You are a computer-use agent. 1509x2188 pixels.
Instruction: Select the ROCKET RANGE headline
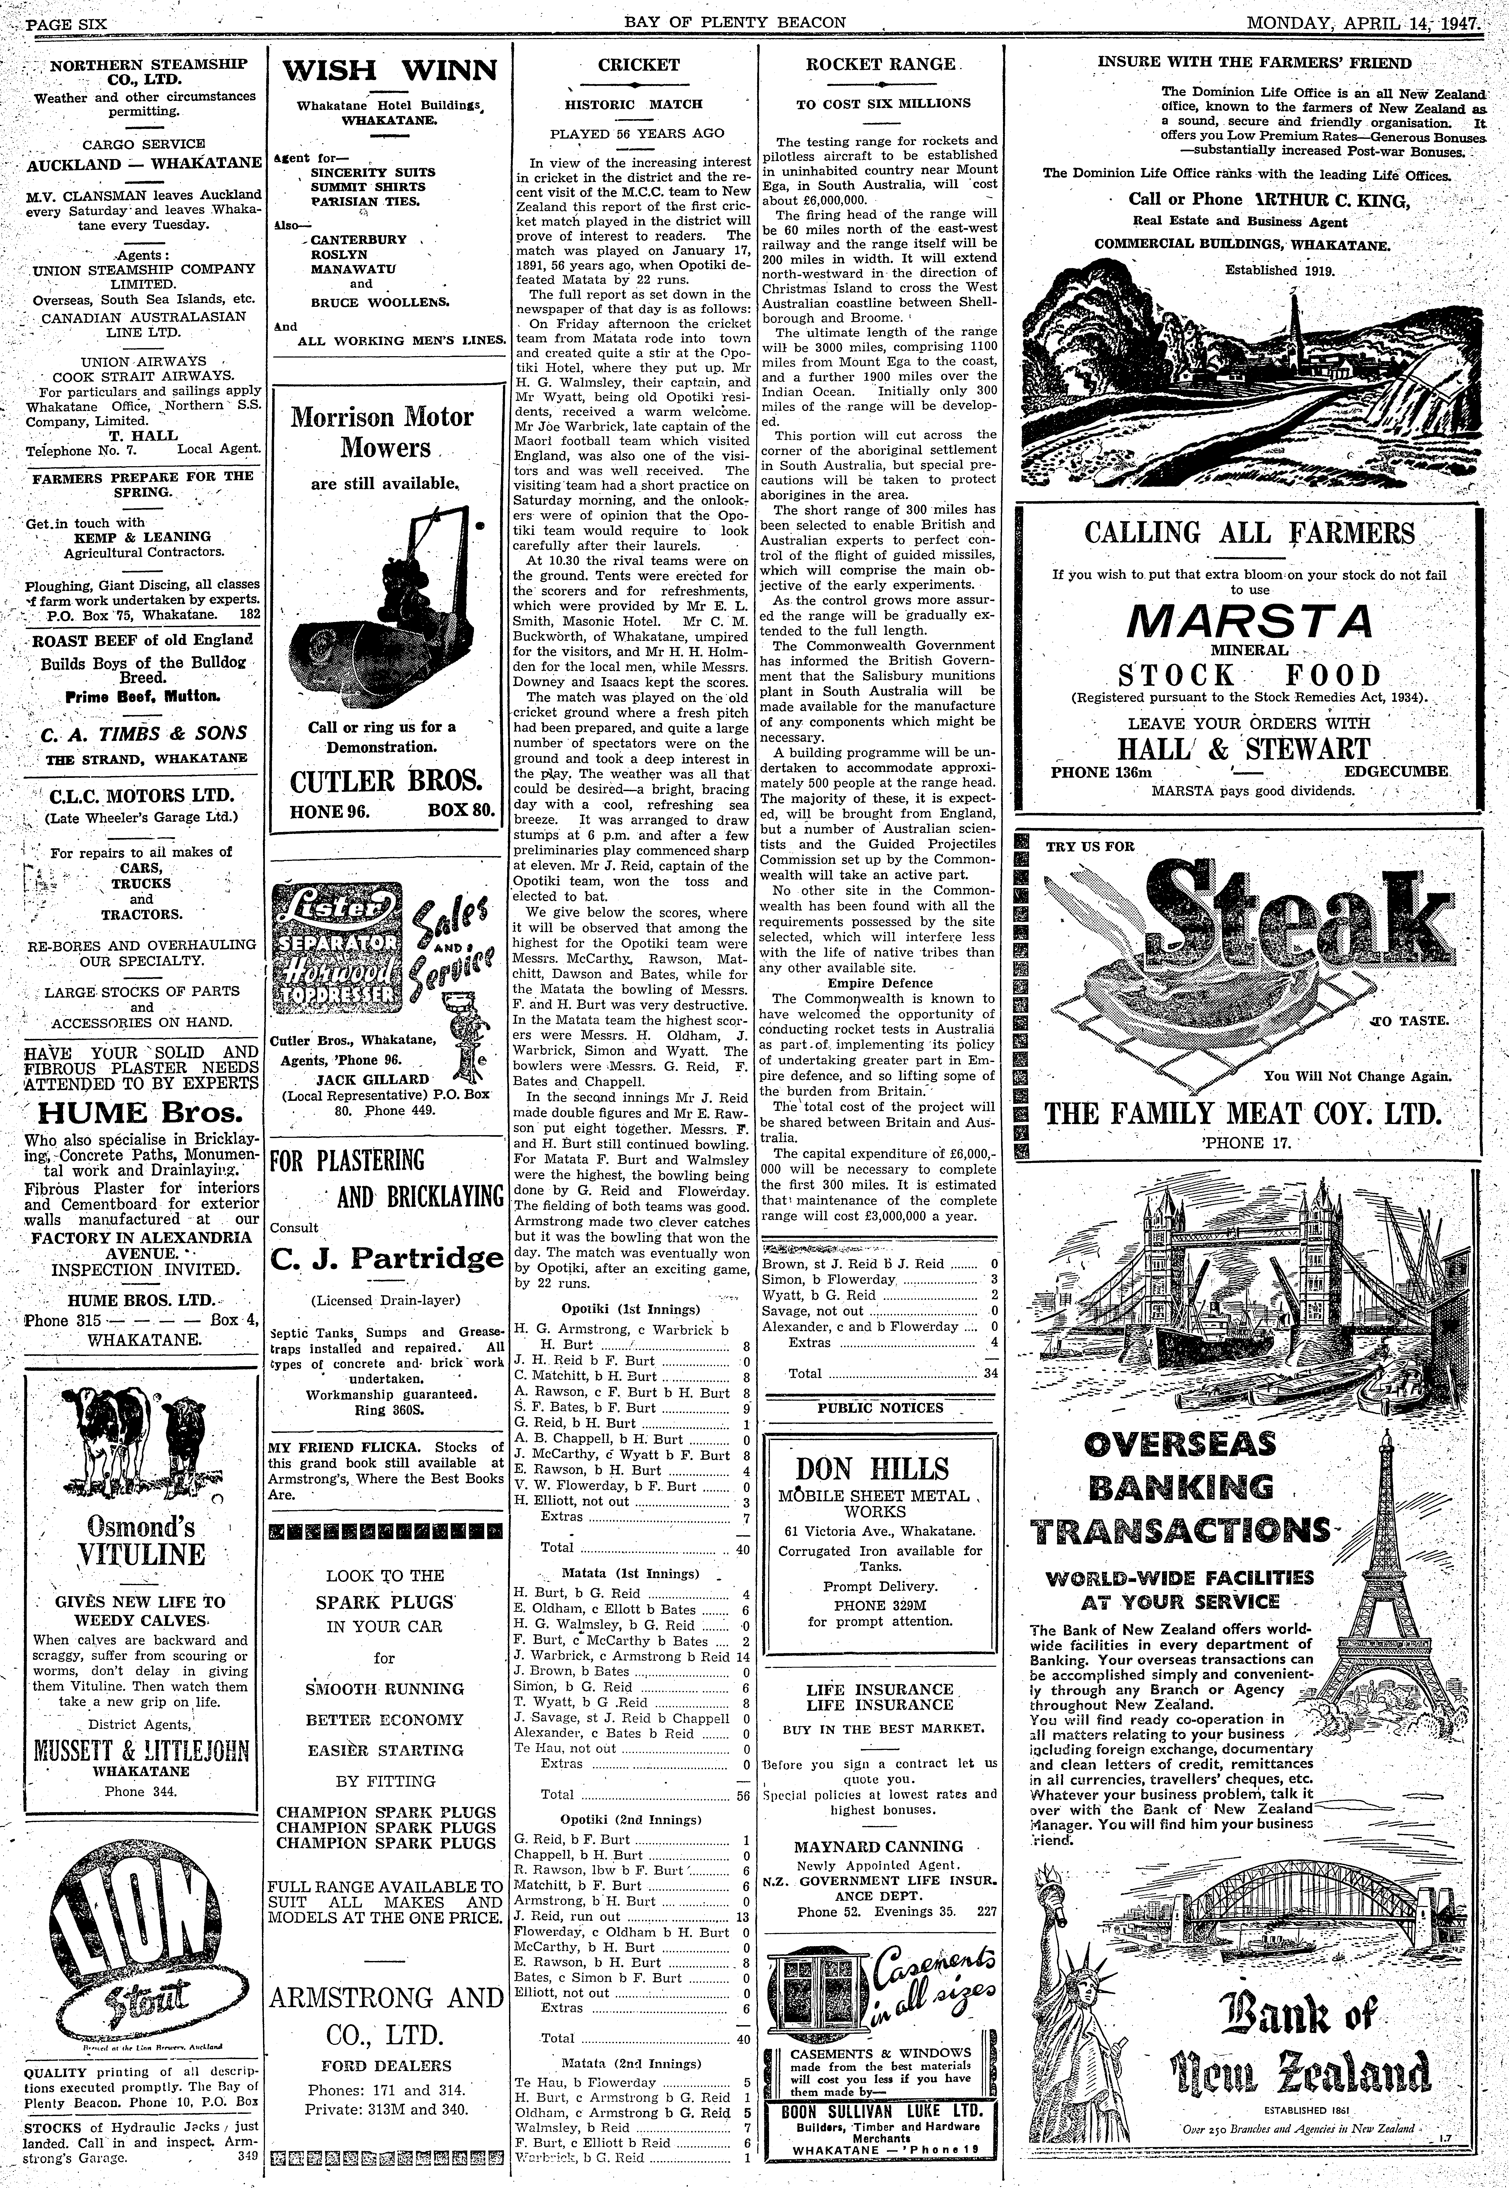pos(880,64)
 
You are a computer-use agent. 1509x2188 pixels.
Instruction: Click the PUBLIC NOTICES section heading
pos(880,1407)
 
